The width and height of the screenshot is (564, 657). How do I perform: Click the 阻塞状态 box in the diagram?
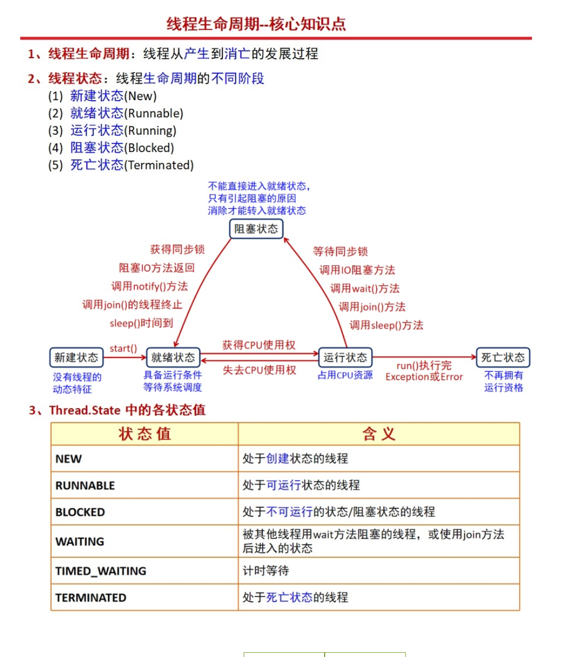coord(256,229)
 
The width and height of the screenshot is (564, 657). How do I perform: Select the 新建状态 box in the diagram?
coord(76,358)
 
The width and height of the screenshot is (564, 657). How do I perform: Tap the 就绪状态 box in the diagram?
coord(173,358)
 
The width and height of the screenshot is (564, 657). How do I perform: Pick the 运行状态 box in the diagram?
coord(345,358)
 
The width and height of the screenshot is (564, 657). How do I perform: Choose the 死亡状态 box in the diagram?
coord(503,358)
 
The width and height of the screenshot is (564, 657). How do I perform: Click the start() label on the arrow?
coord(123,348)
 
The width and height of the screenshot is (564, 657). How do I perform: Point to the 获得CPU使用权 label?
coord(259,345)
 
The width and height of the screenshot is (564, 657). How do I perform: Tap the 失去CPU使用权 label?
coord(259,370)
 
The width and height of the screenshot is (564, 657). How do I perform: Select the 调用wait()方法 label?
coord(365,289)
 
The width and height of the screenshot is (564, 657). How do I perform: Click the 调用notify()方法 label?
coord(149,287)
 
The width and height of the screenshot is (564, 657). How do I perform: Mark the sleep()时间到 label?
coord(141,323)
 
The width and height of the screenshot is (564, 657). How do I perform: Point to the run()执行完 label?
coord(424,366)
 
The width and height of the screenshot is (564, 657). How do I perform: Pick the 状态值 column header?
coord(144,434)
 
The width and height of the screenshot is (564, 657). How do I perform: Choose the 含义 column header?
coord(378,434)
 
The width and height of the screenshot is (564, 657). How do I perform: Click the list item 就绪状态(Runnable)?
coord(127,113)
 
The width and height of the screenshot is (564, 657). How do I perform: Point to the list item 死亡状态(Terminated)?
coord(132,165)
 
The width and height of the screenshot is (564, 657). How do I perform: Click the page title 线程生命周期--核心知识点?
coord(256,24)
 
